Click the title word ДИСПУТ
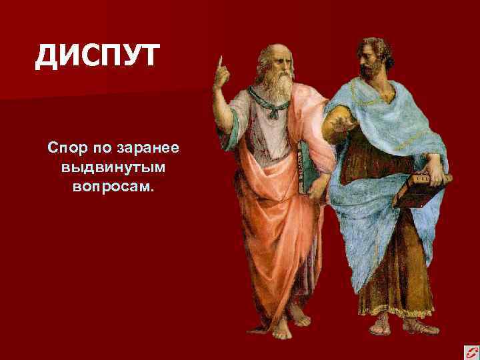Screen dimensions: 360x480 coord(97,55)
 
